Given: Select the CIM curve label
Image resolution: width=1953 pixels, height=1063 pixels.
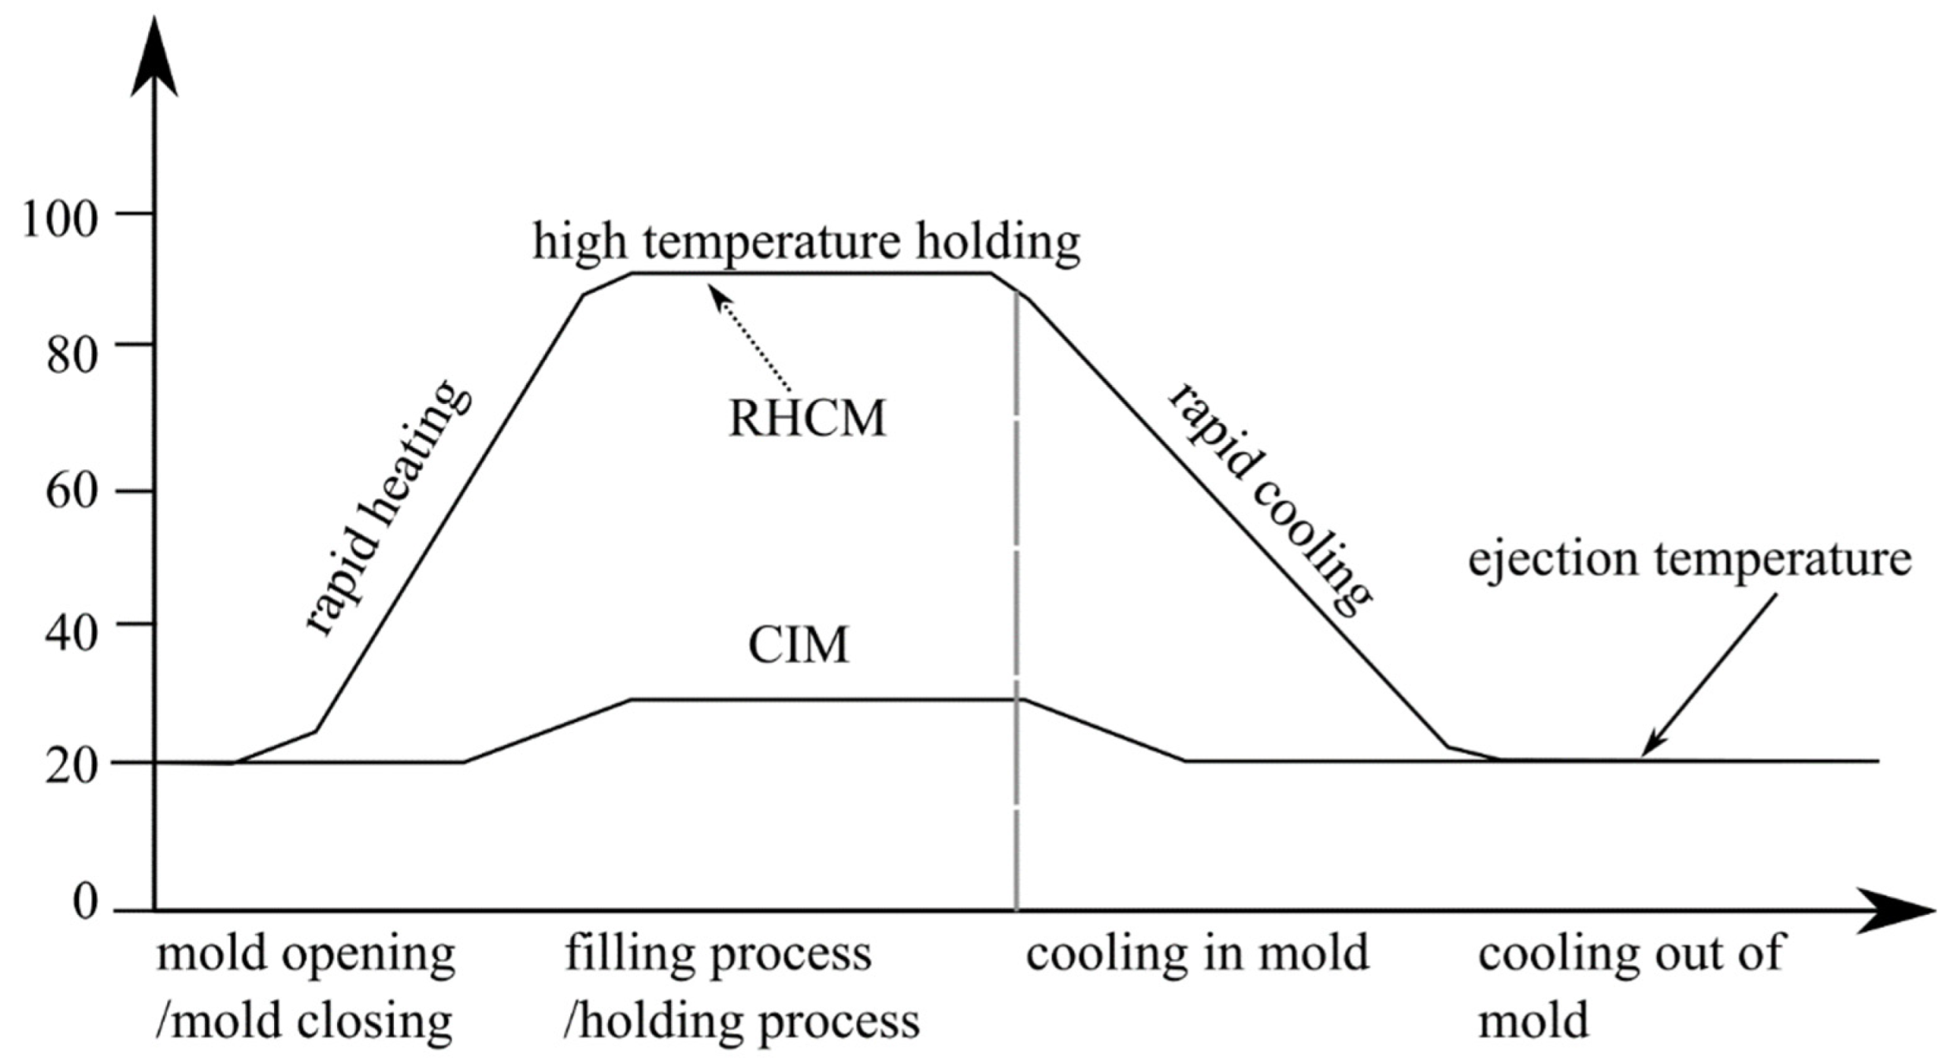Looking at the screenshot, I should (x=798, y=646).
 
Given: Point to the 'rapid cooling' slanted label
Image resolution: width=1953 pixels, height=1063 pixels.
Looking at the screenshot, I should (x=1268, y=500).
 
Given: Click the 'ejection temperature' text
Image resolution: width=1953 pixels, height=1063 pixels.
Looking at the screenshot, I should (x=1689, y=561).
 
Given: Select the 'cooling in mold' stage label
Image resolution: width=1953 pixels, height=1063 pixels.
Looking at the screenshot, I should (x=1197, y=954).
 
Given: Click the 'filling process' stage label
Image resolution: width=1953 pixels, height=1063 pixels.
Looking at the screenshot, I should (x=718, y=954).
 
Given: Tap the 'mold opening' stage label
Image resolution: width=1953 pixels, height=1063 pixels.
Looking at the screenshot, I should (x=306, y=954).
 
